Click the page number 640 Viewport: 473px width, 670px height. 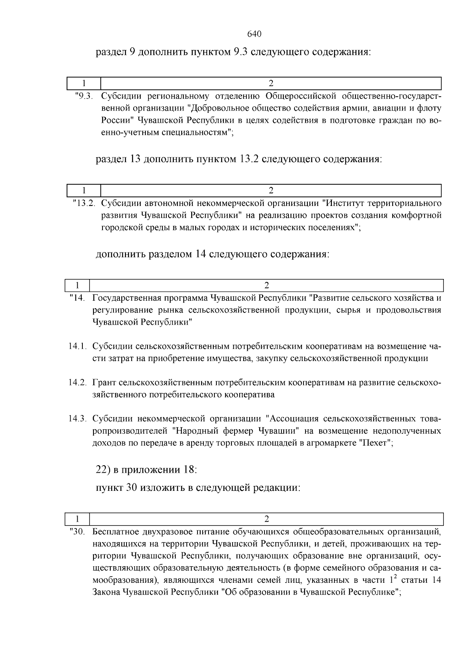pos(254,34)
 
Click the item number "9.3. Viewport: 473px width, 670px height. pos(84,96)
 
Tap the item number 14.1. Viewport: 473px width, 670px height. pos(77,346)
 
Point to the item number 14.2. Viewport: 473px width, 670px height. pos(77,382)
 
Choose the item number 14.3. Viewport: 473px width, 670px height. pos(77,418)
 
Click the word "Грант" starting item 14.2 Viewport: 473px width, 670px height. pos(104,382)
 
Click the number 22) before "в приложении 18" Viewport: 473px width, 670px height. pos(103,470)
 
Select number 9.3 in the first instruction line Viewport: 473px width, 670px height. pos(238,52)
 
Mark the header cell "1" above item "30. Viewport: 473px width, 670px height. pos(78,518)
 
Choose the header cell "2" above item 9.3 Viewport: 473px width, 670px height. pos(271,83)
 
